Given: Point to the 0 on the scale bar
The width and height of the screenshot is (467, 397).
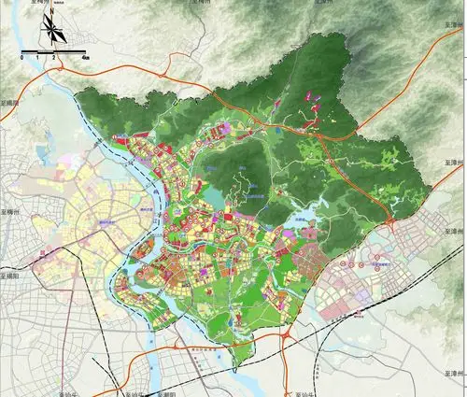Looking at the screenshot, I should [x=21, y=57].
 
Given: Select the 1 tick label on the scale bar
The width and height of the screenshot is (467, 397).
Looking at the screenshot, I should [x=37, y=57].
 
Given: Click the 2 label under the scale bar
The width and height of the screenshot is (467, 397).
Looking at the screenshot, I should [x=53, y=57].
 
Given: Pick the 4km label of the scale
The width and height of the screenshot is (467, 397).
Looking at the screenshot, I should [x=85, y=57].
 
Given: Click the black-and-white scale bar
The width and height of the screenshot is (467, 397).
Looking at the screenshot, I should [x=53, y=50].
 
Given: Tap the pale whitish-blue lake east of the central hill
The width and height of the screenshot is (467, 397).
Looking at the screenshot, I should [x=301, y=222].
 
